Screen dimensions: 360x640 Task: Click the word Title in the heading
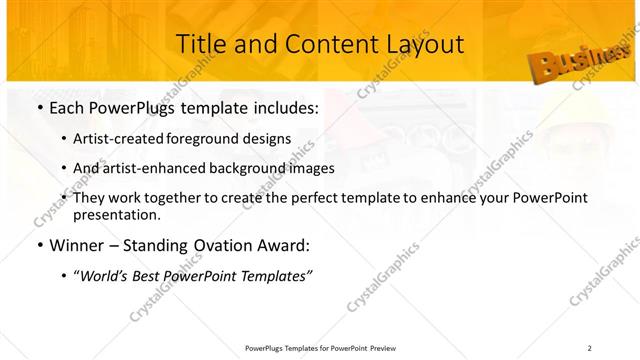(x=201, y=44)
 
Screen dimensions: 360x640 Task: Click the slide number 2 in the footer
(x=590, y=348)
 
